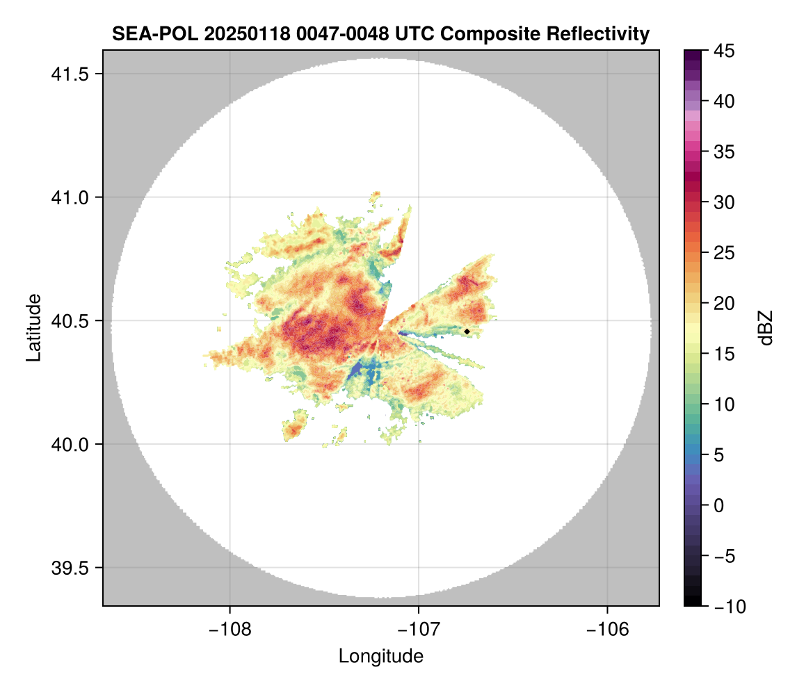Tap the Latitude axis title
click(x=33, y=327)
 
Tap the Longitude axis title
click(x=380, y=656)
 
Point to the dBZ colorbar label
click(x=766, y=327)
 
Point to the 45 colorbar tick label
click(x=720, y=51)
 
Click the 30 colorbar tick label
click(x=720, y=202)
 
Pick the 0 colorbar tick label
click(x=716, y=505)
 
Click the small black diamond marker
click(x=467, y=331)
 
